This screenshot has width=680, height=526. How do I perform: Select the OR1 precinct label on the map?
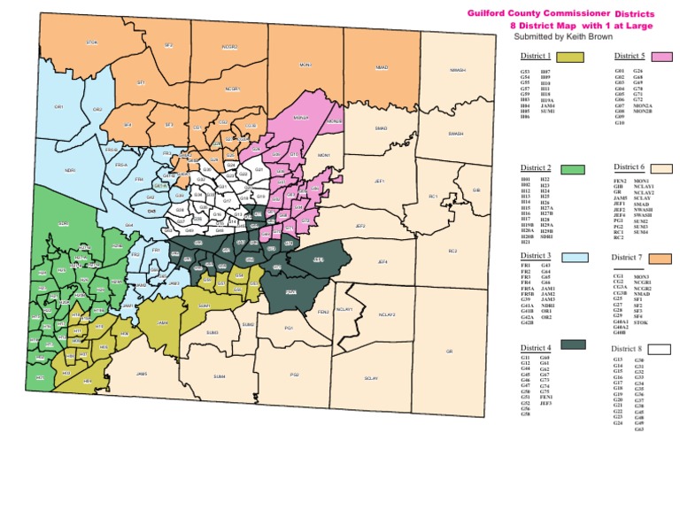coord(58,106)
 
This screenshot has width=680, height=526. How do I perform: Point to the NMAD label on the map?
coord(382,67)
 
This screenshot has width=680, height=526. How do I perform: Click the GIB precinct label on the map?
coord(476,190)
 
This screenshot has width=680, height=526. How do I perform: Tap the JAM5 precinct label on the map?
coord(142,374)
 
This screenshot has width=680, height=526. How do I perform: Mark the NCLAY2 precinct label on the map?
coord(386,314)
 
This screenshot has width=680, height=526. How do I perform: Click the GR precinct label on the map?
coord(449,351)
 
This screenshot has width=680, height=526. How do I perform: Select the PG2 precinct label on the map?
coord(294,375)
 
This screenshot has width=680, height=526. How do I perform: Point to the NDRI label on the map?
coord(70,170)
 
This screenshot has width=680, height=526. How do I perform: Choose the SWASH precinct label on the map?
coord(456,134)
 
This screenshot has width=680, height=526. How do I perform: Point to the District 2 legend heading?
coord(537,168)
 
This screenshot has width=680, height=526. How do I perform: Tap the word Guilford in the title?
coord(486,14)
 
